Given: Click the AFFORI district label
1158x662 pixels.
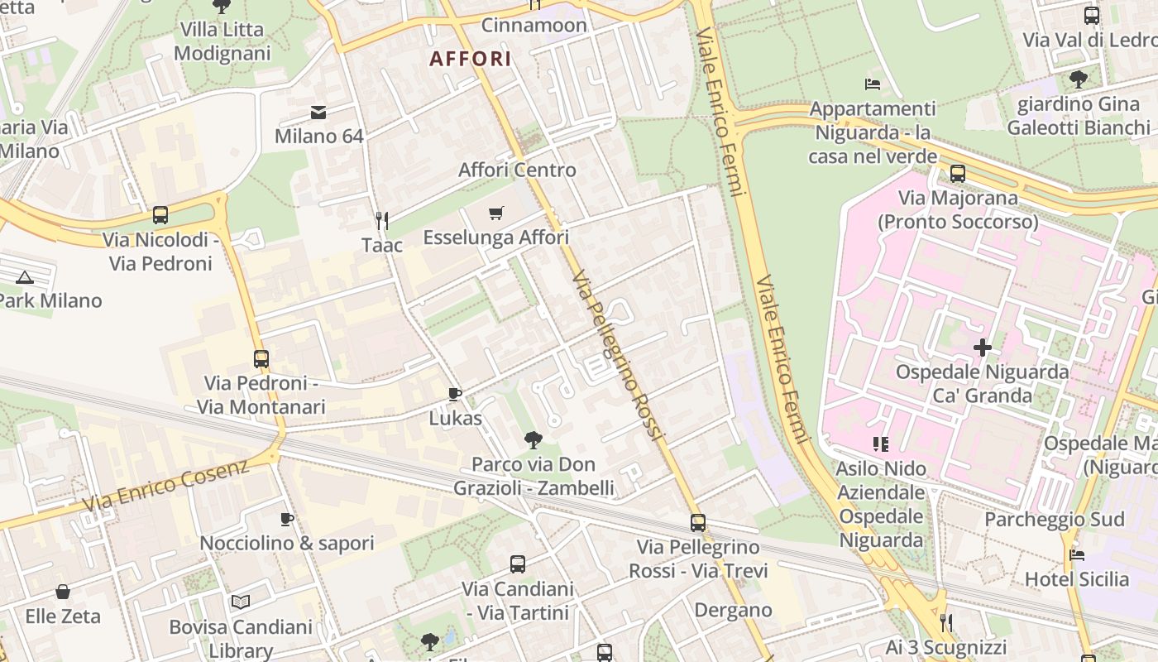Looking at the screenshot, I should (470, 59).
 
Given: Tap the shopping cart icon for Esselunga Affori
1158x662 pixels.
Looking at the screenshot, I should (495, 213).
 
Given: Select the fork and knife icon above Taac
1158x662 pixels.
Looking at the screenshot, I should (381, 220).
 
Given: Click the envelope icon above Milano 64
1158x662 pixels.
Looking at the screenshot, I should (318, 113).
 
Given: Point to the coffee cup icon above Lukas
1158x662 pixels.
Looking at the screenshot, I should (454, 394).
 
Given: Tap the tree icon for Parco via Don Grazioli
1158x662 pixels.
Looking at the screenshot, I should (534, 440).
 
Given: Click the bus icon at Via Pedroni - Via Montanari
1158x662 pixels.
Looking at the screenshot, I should (261, 359).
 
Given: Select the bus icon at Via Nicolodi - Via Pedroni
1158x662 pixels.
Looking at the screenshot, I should (160, 215).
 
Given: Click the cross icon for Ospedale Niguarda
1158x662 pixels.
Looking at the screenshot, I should (983, 348).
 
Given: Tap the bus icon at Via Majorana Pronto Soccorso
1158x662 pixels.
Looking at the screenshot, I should (958, 174).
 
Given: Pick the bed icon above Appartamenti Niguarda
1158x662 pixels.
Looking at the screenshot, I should (872, 84).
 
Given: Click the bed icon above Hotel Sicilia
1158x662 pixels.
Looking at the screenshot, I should (1076, 554).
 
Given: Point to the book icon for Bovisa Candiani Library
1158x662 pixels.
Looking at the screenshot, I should (240, 602).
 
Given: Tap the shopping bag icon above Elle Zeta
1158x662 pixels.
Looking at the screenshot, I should (63, 592).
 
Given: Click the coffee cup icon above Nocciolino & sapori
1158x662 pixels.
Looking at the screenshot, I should (287, 519).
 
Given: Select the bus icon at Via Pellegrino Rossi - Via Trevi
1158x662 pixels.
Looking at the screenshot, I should (698, 523).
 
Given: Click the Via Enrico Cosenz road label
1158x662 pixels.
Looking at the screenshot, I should (165, 486).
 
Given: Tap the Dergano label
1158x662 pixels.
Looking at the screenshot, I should (733, 611).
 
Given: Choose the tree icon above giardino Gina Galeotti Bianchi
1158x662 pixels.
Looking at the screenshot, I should (1078, 79).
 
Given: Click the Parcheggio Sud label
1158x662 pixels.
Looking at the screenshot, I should (1054, 520).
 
